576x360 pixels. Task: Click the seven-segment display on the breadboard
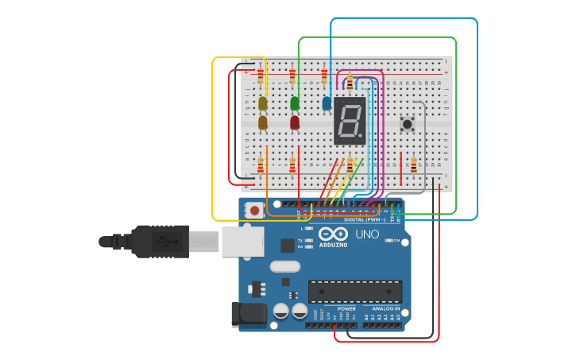[350, 121]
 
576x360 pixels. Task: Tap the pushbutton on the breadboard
[408, 123]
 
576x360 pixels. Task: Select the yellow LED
[263, 103]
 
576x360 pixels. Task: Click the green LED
[295, 103]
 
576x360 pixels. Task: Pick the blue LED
[327, 103]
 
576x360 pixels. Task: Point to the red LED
[295, 122]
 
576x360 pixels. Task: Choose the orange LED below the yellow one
[263, 122]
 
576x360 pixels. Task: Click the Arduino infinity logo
[334, 234]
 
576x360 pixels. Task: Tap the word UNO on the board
[367, 234]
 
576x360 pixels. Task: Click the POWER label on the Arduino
[346, 308]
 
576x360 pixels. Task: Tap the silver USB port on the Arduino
[242, 241]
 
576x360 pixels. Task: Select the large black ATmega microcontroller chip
[355, 291]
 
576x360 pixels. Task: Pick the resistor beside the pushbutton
[413, 165]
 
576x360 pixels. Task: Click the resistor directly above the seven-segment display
[350, 81]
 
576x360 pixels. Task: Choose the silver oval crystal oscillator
[285, 267]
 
